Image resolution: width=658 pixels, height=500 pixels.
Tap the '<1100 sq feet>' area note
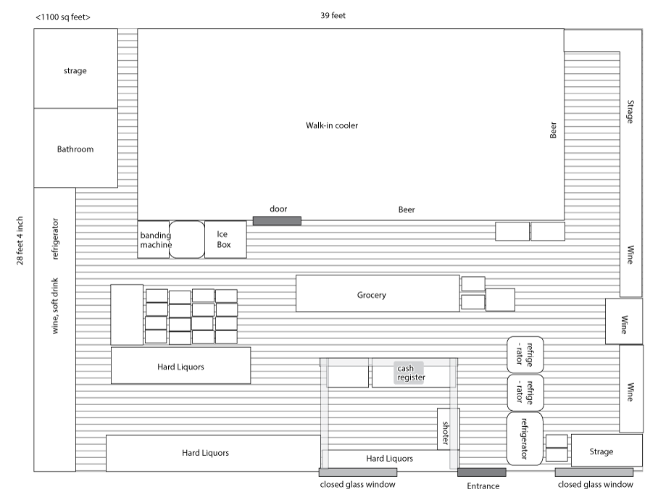click(x=63, y=16)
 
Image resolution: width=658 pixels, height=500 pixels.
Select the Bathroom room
click(x=75, y=149)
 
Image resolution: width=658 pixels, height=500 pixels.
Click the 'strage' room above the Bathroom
click(x=75, y=70)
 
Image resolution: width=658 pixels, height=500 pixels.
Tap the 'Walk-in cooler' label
click(x=332, y=125)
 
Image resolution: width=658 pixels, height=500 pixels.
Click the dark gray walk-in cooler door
click(x=277, y=220)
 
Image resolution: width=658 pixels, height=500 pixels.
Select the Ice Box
click(x=225, y=239)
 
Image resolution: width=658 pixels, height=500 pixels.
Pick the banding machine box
click(x=154, y=239)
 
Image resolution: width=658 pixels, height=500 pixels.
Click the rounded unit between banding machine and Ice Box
click(x=187, y=239)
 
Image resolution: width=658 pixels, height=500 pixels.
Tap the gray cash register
click(x=410, y=372)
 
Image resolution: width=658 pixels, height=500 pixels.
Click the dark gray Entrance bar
click(x=481, y=472)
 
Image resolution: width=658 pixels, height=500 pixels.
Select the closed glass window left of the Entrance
click(x=357, y=472)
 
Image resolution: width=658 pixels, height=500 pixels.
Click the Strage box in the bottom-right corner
click(x=607, y=451)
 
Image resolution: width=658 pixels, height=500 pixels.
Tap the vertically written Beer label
click(x=553, y=130)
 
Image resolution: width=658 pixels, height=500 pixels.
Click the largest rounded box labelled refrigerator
click(x=525, y=439)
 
